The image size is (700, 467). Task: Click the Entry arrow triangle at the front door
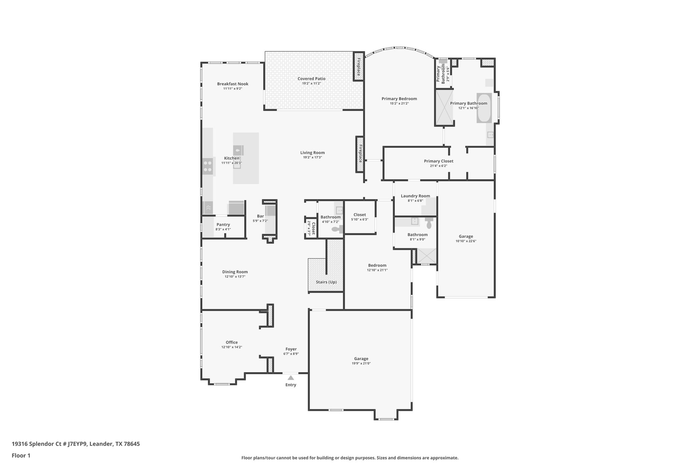pyautogui.click(x=291, y=378)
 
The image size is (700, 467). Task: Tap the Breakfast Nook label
pyautogui.click(x=233, y=84)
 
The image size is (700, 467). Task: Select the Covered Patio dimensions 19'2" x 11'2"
pyautogui.click(x=311, y=83)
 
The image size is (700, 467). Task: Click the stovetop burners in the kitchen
pyautogui.click(x=208, y=166)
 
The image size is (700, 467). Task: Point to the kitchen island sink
pyautogui.click(x=238, y=150)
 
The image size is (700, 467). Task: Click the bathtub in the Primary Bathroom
pyautogui.click(x=484, y=108)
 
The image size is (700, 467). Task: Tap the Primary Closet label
pyautogui.click(x=439, y=161)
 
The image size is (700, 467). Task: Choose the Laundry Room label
pyautogui.click(x=415, y=196)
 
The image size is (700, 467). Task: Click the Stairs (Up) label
pyautogui.click(x=326, y=282)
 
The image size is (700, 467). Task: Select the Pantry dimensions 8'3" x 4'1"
pyautogui.click(x=223, y=229)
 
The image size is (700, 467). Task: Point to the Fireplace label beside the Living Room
pyautogui.click(x=360, y=154)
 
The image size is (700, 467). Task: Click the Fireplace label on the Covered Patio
pyautogui.click(x=359, y=66)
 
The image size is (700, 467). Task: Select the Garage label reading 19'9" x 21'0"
pyautogui.click(x=361, y=359)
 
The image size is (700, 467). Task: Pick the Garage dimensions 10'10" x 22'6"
pyautogui.click(x=466, y=241)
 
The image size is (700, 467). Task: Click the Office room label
pyautogui.click(x=231, y=342)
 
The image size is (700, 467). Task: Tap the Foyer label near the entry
pyautogui.click(x=291, y=349)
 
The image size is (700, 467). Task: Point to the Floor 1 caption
pyautogui.click(x=21, y=455)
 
